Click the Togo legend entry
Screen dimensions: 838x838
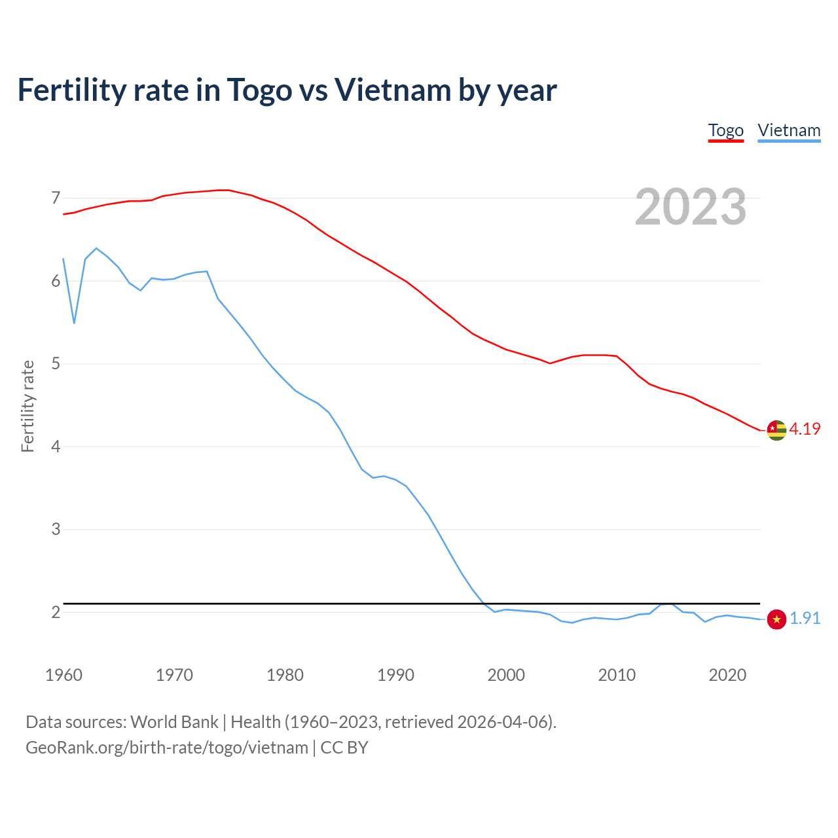(x=725, y=130)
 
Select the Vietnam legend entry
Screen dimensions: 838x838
(x=789, y=130)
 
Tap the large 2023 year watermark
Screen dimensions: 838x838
(x=690, y=207)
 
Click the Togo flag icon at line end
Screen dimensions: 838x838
(x=776, y=430)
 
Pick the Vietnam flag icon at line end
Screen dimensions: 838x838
(x=776, y=619)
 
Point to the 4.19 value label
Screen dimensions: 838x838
(x=805, y=429)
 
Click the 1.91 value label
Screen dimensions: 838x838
(x=805, y=619)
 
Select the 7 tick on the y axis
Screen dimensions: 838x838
(x=56, y=198)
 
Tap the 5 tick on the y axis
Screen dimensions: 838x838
(x=56, y=363)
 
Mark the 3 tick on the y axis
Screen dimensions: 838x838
(x=56, y=529)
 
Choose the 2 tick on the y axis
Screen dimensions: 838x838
(x=56, y=612)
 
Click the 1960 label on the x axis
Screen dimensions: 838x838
(x=64, y=675)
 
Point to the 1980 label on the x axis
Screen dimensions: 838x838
(x=285, y=675)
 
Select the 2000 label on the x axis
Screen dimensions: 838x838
(x=506, y=675)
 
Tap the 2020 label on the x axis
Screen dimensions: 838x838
(x=727, y=675)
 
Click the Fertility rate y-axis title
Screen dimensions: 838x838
(x=27, y=406)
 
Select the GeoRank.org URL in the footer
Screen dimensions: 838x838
(x=167, y=748)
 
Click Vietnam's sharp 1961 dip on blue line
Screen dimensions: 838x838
(x=75, y=323)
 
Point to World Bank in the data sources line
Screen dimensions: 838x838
(x=174, y=722)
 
